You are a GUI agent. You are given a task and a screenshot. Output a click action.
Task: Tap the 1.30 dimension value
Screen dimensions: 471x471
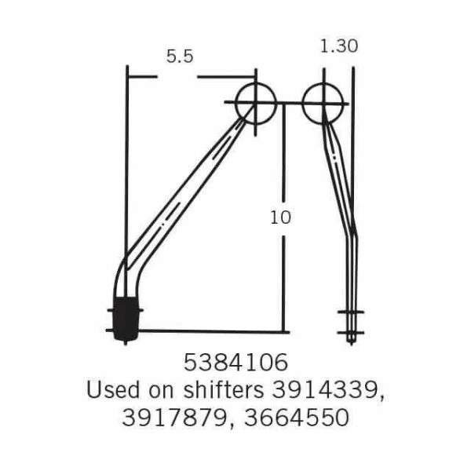[339, 46]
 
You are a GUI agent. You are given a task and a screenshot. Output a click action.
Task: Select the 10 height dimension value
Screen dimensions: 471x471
[280, 217]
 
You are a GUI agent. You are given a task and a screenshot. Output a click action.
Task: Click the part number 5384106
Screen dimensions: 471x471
[235, 363]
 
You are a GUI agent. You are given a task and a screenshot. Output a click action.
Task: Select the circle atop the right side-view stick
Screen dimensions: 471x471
[323, 102]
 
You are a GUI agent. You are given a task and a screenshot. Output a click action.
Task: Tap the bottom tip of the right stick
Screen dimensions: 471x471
[351, 339]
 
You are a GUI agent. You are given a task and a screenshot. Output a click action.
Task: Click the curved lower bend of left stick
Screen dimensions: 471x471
[126, 271]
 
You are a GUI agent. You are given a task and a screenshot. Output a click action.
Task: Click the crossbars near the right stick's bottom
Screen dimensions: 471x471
[351, 322]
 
